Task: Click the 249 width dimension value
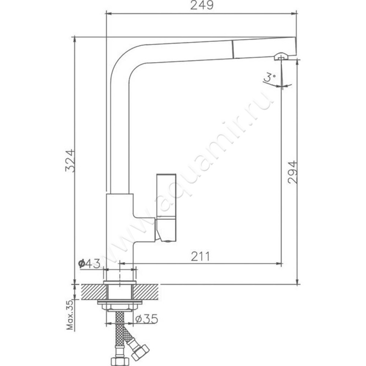pos(202,5)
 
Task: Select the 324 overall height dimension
pos(70,161)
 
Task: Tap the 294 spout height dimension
pos(293,172)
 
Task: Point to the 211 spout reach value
pos(200,256)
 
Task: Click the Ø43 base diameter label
pos(89,264)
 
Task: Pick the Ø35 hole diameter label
pos(146,319)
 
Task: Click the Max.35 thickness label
pos(70,315)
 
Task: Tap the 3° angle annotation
pos(270,77)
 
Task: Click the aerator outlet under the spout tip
pos(281,56)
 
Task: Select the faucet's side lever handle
pos(166,208)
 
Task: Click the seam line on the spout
pos(233,49)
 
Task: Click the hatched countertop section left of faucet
pos(93,292)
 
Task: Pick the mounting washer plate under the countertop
pos(120,302)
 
